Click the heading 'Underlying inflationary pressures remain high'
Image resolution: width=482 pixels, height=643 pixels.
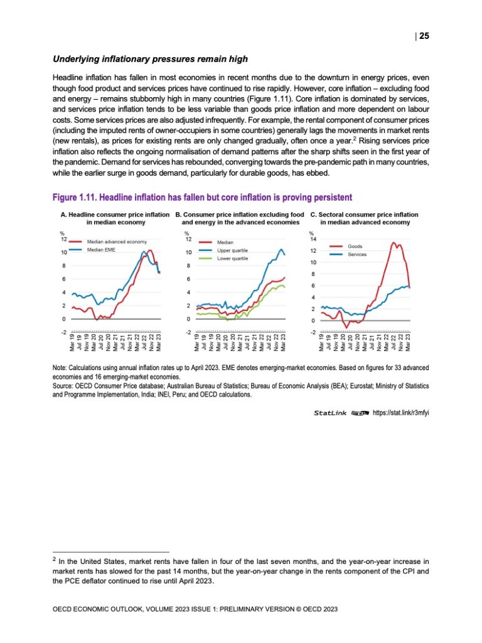tap(150, 60)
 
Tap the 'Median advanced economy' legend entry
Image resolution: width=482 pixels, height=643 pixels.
tap(117, 242)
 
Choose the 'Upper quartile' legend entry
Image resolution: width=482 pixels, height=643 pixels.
tap(233, 250)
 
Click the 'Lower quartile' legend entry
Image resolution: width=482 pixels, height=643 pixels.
tap(233, 258)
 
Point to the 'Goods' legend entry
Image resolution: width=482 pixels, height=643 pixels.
tap(355, 246)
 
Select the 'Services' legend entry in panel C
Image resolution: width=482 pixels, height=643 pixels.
tap(357, 255)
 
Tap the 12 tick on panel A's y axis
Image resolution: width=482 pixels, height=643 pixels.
tap(63, 239)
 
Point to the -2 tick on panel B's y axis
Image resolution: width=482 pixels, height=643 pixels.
tap(188, 332)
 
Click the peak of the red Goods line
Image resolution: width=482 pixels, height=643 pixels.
tap(393, 243)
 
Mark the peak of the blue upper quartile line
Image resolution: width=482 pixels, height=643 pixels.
tap(281, 249)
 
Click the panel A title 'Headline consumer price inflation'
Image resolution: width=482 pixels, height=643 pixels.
tap(110, 215)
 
